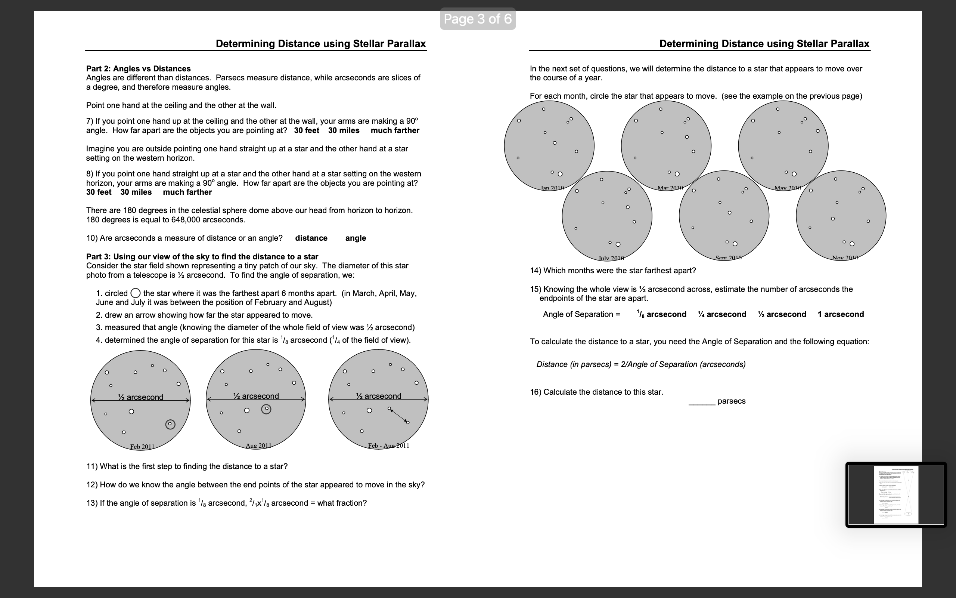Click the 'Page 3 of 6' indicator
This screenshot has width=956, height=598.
pos(478,19)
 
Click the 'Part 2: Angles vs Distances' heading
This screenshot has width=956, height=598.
pos(138,68)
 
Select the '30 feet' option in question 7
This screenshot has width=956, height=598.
pos(306,130)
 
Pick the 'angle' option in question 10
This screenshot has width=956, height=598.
pos(355,238)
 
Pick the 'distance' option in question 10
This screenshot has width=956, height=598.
pos(311,238)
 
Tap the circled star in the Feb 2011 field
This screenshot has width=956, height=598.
pos(170,424)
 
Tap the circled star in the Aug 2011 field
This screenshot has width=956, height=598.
pos(266,409)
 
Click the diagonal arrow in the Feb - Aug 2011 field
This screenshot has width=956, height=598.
pos(399,416)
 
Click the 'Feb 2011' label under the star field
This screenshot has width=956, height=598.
pos(142,447)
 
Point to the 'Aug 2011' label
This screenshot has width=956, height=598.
pos(258,446)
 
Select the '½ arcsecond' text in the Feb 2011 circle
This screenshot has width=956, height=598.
pos(141,397)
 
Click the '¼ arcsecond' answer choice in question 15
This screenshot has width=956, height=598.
pos(722,314)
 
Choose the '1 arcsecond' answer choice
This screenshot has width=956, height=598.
pos(840,314)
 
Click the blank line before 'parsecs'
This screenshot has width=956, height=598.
pos(702,403)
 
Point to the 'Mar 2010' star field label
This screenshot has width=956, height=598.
pos(670,188)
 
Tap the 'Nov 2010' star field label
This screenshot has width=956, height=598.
pos(845,258)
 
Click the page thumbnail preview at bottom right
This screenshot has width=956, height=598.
pos(896,494)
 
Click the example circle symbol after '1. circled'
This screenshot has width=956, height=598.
pos(136,293)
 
